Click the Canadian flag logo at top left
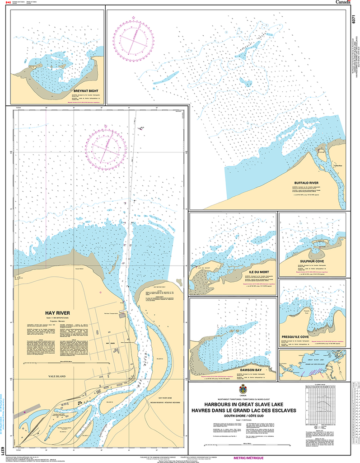click(7, 3)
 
